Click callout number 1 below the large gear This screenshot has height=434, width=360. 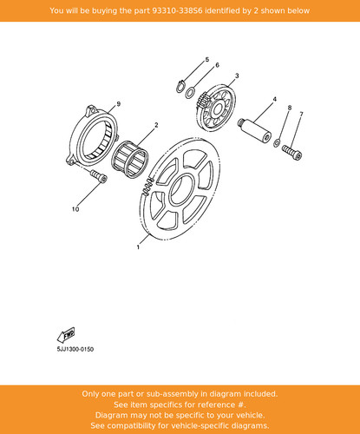pyautogui.click(x=138, y=247)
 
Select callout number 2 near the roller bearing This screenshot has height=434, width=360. pyautogui.click(x=156, y=125)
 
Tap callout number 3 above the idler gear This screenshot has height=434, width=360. pyautogui.click(x=237, y=76)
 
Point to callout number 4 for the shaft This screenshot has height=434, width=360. pyautogui.click(x=275, y=99)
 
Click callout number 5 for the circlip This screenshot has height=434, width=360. pyautogui.click(x=207, y=60)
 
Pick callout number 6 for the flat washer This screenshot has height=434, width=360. pyautogui.click(x=217, y=65)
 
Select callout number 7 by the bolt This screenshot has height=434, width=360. pyautogui.click(x=301, y=115)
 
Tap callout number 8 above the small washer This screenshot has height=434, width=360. pyautogui.click(x=290, y=108)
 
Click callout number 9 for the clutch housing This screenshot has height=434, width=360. pyautogui.click(x=118, y=104)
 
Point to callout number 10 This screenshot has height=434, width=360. pyautogui.click(x=75, y=209)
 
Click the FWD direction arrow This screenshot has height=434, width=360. pyautogui.click(x=66, y=335)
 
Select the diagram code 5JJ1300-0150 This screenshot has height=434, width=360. pyautogui.click(x=75, y=349)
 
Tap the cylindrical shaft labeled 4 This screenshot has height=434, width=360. pyautogui.click(x=254, y=130)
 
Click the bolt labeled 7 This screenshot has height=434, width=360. pyautogui.click(x=291, y=152)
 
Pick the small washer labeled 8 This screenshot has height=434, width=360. pyautogui.click(x=277, y=142)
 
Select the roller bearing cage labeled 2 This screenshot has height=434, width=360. pyautogui.click(x=130, y=159)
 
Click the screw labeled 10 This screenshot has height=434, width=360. pyautogui.click(x=99, y=176)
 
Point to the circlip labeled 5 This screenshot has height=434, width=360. pyautogui.click(x=180, y=86)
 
